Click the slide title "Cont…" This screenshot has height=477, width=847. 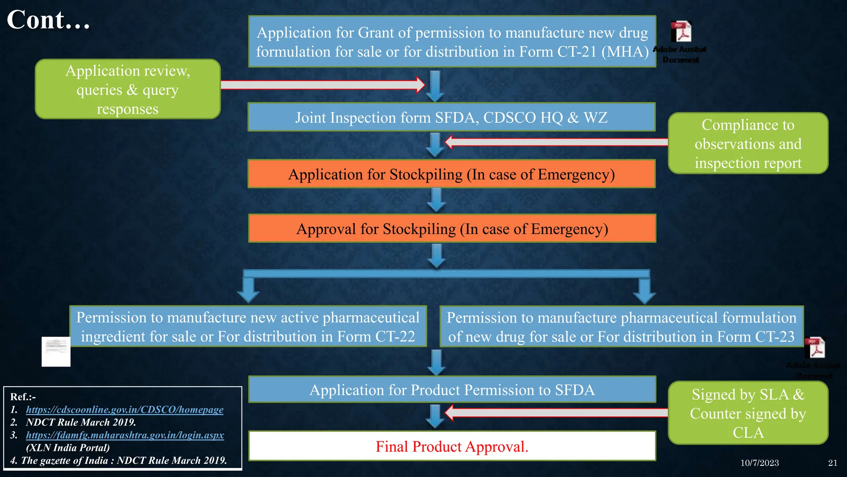tap(48, 20)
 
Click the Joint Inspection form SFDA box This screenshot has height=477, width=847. tap(451, 118)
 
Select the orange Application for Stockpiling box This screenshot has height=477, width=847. tap(451, 174)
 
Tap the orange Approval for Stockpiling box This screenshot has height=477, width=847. tap(452, 229)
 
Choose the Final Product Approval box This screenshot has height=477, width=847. tap(452, 446)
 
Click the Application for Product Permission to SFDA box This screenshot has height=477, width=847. tap(452, 390)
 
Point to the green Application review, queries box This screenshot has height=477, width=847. tap(127, 89)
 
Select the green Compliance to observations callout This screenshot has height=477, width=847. tap(748, 144)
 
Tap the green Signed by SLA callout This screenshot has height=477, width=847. tap(748, 413)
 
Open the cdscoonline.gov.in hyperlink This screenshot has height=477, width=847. tap(124, 410)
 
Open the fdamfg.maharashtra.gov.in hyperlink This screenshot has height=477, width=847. tap(125, 435)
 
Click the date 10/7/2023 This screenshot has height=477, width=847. tap(759, 463)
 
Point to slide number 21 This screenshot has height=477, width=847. tap(833, 463)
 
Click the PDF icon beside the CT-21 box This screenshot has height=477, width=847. tap(681, 32)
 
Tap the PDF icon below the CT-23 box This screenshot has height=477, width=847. tap(816, 348)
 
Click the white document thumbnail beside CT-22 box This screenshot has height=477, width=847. tap(56, 352)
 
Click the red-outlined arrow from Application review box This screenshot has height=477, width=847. tap(323, 85)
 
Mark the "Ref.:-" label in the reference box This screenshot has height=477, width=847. tap(23, 397)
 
